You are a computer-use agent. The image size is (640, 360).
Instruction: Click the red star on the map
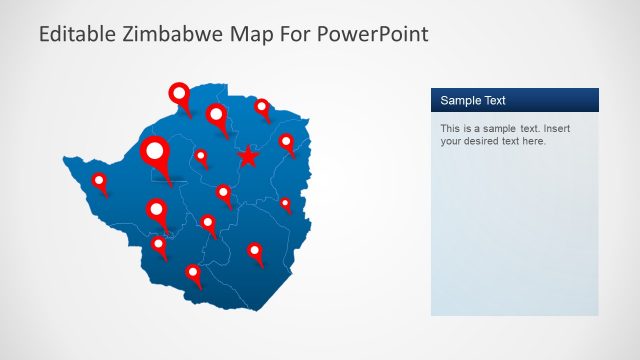[247, 156]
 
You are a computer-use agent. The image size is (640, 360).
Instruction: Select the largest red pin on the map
[155, 152]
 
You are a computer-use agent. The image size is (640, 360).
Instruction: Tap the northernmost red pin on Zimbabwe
[179, 95]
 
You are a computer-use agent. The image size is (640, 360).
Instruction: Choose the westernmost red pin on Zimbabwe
[99, 181]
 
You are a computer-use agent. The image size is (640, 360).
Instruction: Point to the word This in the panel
[451, 129]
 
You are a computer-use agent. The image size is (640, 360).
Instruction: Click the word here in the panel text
[534, 141]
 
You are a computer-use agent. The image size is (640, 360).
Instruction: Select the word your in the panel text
[451, 142]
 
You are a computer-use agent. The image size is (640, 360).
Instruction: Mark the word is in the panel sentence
[468, 129]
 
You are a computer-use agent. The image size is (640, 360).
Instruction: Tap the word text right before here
[513, 141]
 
